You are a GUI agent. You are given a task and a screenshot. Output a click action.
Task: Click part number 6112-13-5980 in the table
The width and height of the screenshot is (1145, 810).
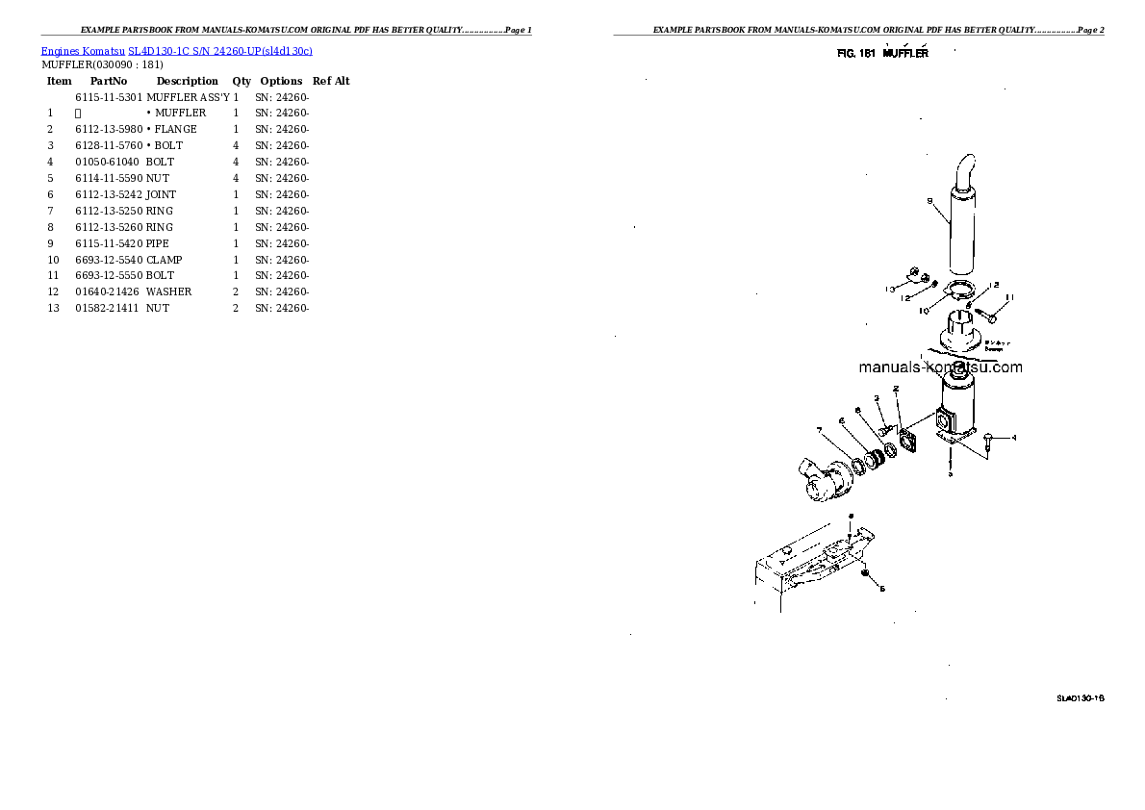tap(108, 129)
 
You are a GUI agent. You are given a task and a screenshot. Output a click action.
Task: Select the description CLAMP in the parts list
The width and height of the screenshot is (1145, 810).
tap(164, 260)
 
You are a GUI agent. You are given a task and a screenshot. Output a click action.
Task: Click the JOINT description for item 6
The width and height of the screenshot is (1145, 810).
tap(161, 194)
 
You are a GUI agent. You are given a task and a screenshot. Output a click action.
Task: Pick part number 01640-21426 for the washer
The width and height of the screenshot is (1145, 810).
tap(107, 291)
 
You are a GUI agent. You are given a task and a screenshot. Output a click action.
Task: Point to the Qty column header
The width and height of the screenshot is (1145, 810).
tap(241, 82)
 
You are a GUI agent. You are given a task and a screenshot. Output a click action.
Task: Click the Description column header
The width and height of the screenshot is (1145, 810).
tap(187, 82)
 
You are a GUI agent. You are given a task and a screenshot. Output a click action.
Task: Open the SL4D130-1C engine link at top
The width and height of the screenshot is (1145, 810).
tap(177, 50)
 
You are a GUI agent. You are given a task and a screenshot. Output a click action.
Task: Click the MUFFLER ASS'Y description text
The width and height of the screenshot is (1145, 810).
tap(188, 97)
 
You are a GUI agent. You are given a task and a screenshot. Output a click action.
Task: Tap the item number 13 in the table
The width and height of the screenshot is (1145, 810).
tap(53, 308)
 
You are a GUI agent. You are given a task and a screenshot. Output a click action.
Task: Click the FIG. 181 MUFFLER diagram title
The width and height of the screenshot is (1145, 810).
tap(882, 54)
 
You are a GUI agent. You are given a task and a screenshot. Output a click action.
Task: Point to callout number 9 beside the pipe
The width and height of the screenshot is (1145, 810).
tap(929, 201)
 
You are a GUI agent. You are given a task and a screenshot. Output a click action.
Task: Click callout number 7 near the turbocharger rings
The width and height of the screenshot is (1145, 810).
tap(819, 430)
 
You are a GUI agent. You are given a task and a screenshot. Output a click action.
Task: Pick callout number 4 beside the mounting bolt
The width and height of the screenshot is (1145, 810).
tap(1013, 438)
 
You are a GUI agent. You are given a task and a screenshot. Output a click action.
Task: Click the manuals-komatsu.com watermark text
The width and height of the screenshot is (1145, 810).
tap(940, 367)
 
